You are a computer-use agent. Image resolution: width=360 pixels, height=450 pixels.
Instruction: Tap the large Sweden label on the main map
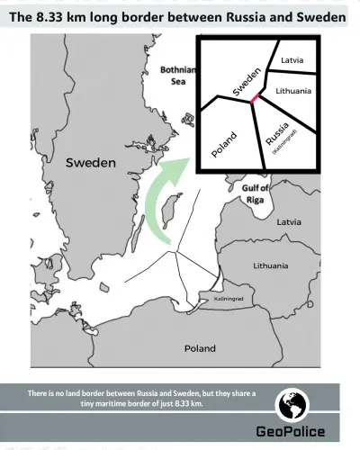click(x=91, y=163)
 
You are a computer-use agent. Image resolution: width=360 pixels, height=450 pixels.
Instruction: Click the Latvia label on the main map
click(x=289, y=221)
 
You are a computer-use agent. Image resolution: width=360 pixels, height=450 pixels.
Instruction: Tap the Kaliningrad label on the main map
click(x=229, y=298)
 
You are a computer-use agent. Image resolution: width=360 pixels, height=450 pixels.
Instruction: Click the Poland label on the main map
click(x=199, y=347)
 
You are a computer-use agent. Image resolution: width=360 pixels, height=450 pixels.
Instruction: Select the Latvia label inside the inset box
click(x=292, y=59)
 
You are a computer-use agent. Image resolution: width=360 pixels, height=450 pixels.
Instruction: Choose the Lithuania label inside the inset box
click(x=293, y=91)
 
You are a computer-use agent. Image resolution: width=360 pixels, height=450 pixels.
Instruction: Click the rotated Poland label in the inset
click(x=225, y=142)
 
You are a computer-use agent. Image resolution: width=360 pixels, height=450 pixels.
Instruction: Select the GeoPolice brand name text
click(x=291, y=431)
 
